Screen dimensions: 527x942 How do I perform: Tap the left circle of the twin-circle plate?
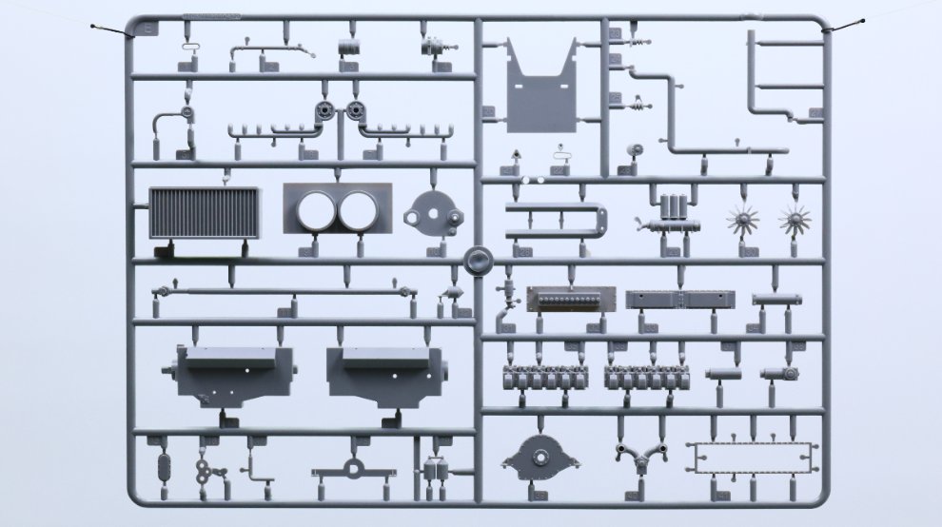[x=314, y=209]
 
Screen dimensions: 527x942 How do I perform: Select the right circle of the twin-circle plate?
[x=359, y=209]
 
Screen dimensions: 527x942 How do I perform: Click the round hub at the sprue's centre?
[x=476, y=259]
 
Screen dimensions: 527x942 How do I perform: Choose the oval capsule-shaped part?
[x=162, y=468]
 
